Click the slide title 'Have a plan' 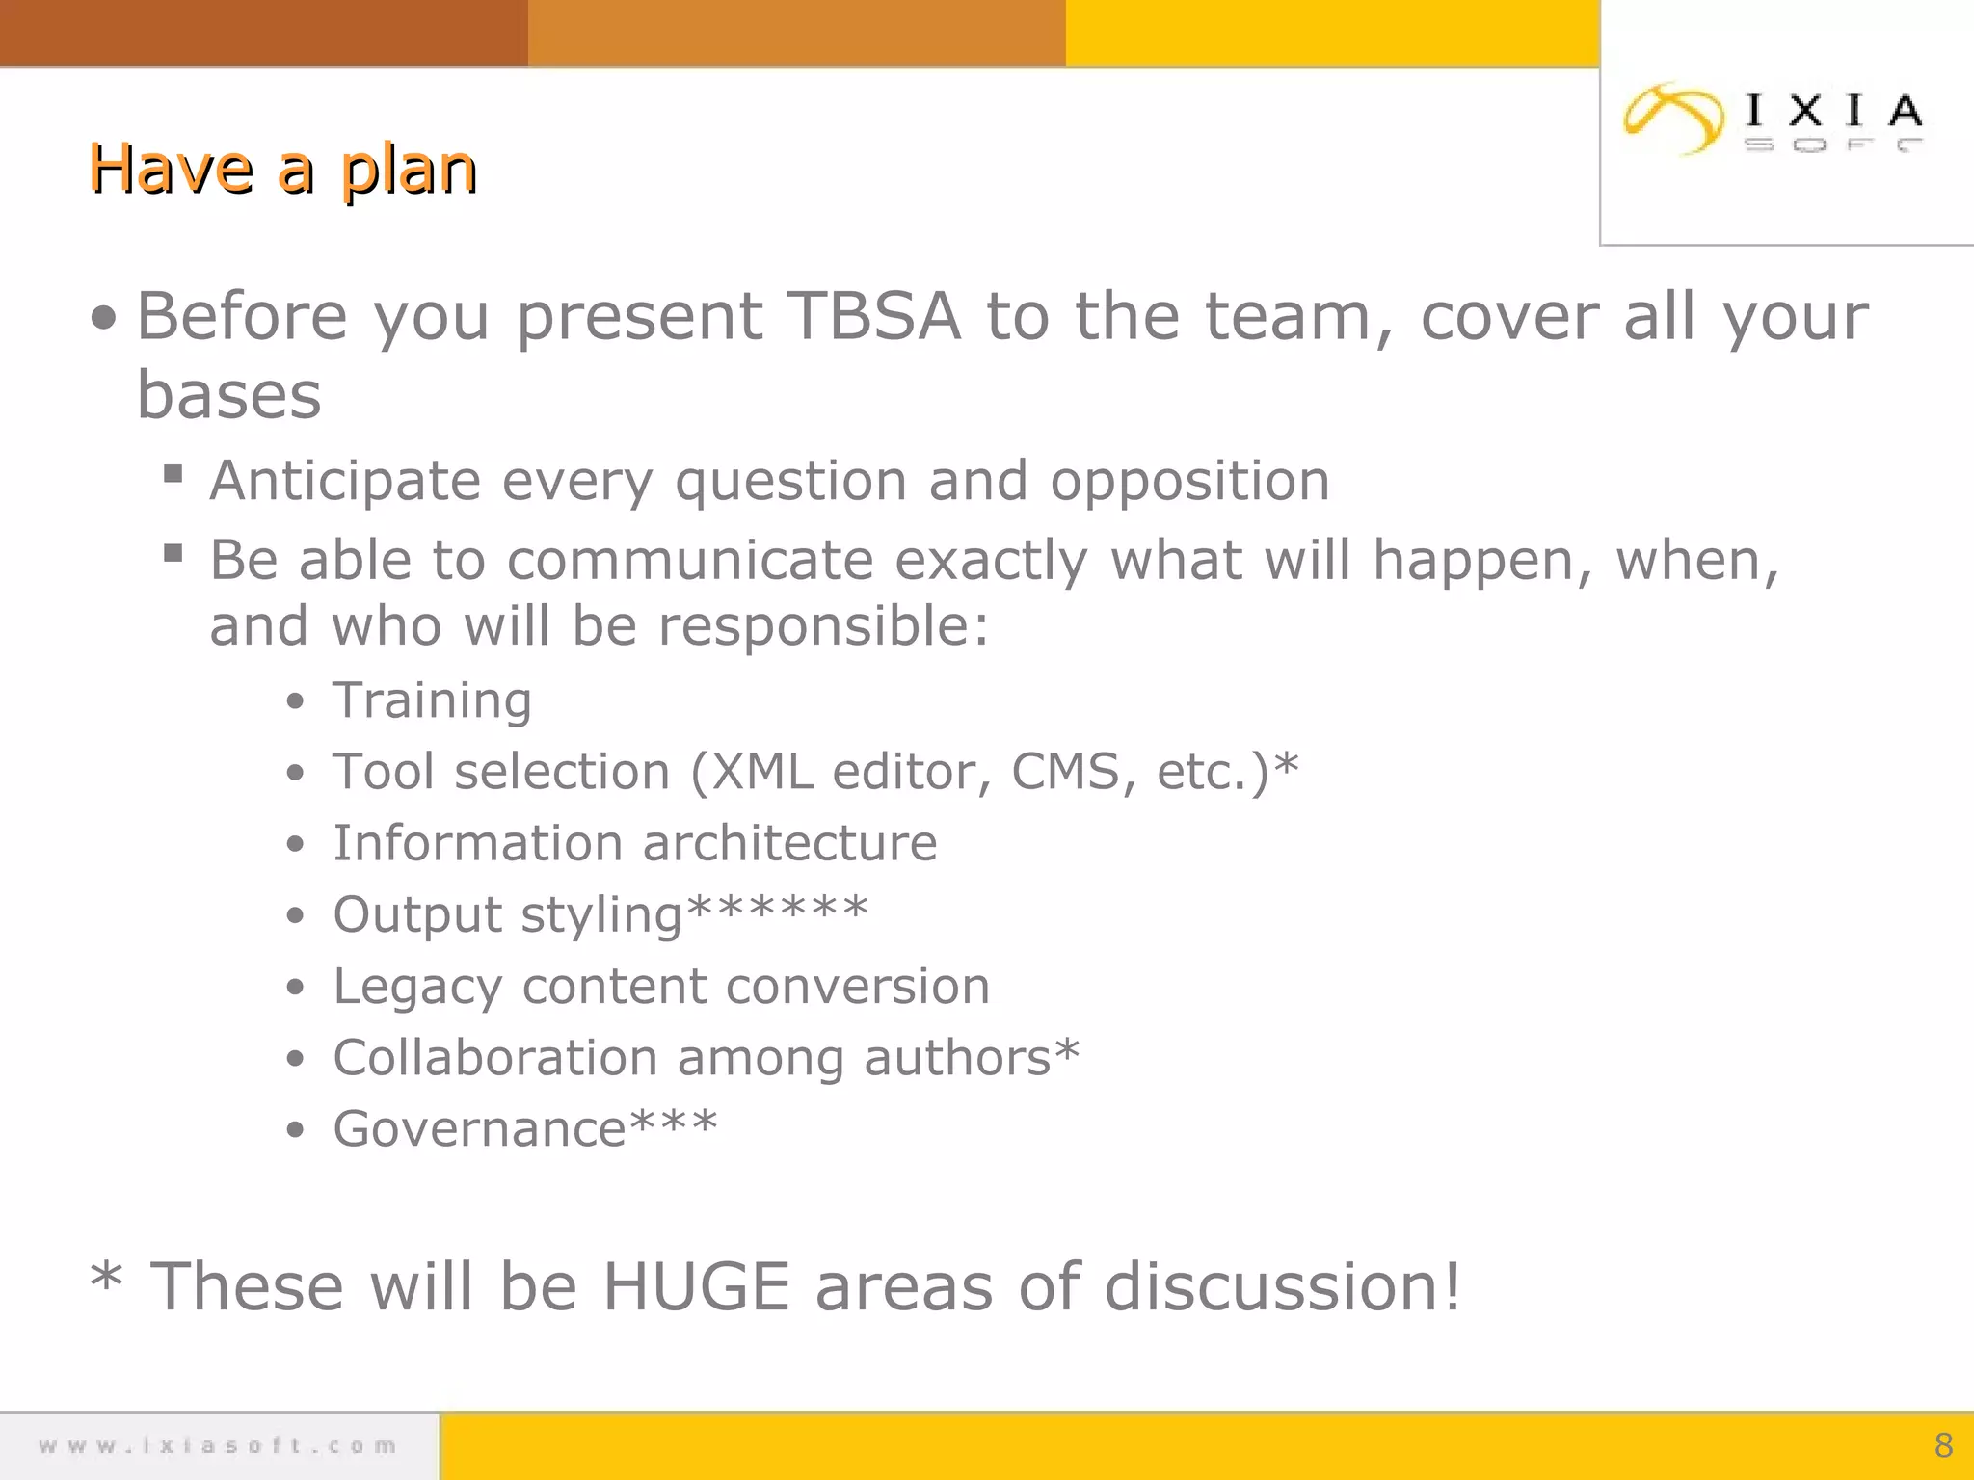(282, 170)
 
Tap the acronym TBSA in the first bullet (874, 316)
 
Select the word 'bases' (229, 395)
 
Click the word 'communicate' (690, 560)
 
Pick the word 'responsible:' (823, 626)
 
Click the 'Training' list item (432, 700)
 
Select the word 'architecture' (789, 843)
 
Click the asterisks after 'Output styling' (777, 911)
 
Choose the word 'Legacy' (417, 987)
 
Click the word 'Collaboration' (494, 1058)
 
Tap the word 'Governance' (480, 1129)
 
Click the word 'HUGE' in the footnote (696, 1286)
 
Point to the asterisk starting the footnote (106, 1280)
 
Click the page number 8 (1943, 1445)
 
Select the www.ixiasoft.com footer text (217, 1446)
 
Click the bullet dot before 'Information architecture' (296, 845)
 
